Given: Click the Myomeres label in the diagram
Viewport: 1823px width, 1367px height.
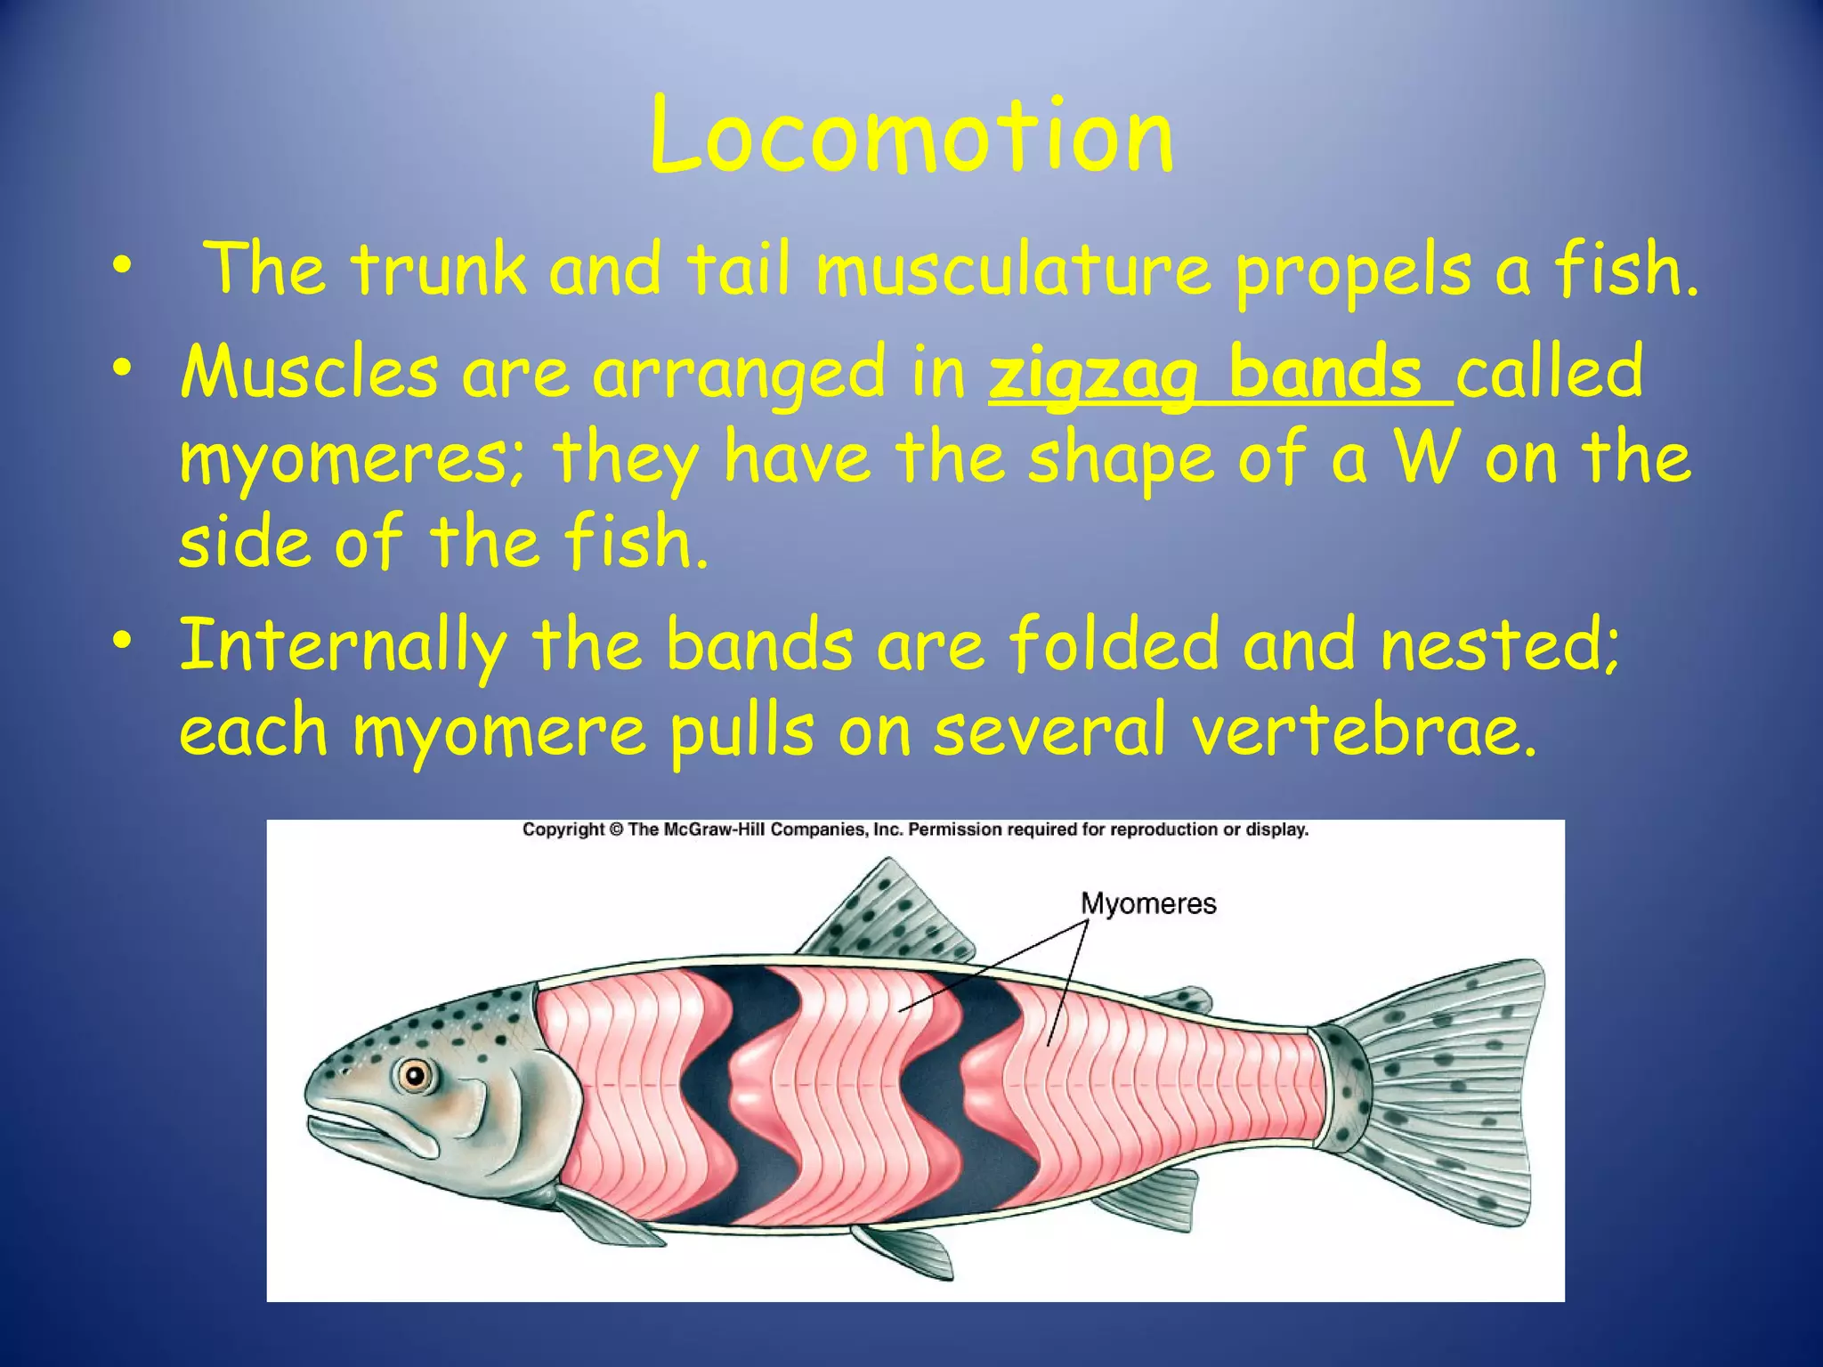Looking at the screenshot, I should tap(1148, 904).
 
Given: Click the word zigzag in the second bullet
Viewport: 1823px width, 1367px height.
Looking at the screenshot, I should tap(1093, 374).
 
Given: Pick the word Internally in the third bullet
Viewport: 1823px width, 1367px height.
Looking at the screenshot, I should tap(344, 645).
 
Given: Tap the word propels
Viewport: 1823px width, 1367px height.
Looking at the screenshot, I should tap(1352, 271).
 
